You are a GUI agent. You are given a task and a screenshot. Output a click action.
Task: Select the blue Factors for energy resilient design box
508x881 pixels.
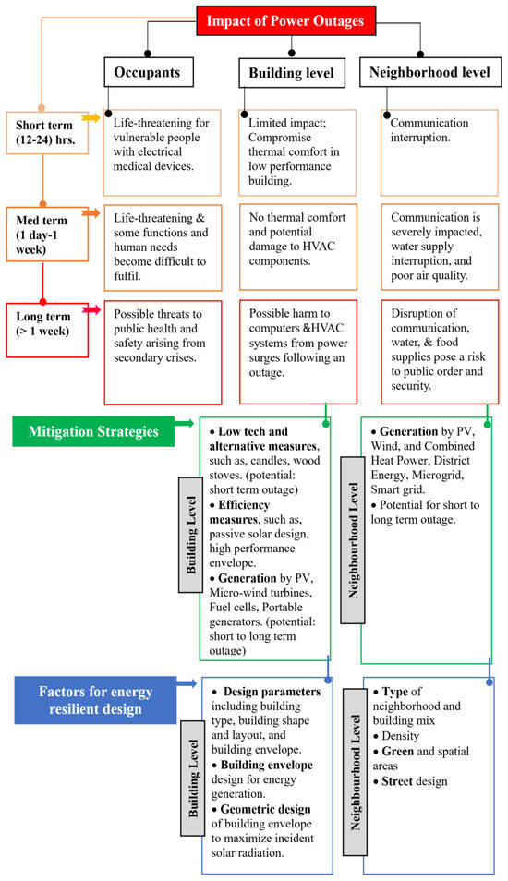pos(96,698)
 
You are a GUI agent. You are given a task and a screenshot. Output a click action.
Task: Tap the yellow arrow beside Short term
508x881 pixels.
pos(90,118)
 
